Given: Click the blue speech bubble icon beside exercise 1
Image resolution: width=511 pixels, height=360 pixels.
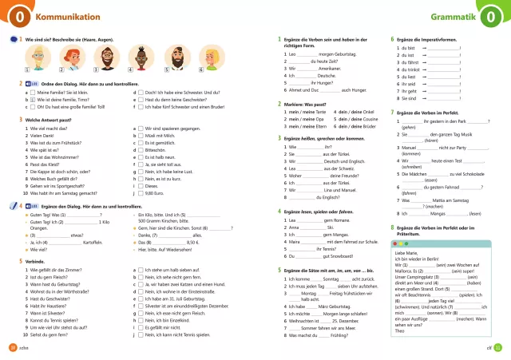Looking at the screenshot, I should pos(14,38).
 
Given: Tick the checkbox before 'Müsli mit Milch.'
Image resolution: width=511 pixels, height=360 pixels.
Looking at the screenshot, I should pos(141,134).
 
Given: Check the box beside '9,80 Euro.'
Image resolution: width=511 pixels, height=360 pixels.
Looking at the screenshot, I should pos(141,192).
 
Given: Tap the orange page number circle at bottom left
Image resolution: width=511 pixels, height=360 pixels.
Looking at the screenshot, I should pos(12,346).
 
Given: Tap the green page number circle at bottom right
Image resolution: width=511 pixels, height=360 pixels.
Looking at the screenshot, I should pos(498,346).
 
